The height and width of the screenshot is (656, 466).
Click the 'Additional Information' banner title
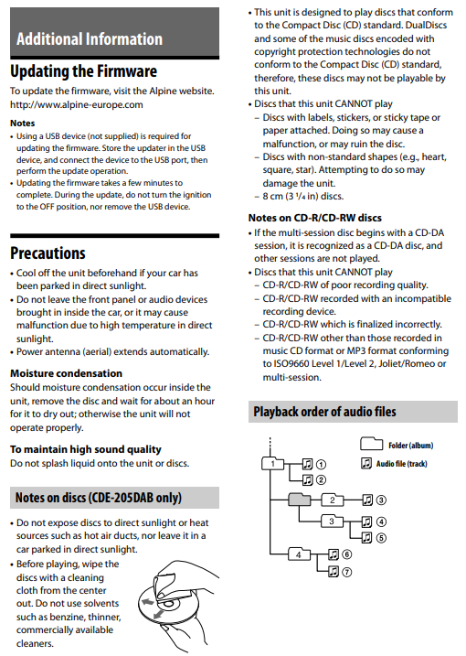[90, 39]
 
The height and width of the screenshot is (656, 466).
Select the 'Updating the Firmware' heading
[83, 71]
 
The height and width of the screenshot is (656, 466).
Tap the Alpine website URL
[77, 104]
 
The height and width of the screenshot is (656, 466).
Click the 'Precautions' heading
[48, 253]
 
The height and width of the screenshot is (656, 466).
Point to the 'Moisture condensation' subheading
[66, 373]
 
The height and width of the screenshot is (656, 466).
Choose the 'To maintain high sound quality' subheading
[86, 449]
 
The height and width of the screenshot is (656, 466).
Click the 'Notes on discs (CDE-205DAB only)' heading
[99, 498]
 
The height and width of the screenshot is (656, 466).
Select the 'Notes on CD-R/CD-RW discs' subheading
[314, 218]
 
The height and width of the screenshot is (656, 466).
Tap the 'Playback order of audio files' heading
[324, 412]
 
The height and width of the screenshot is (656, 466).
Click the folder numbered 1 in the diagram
[272, 464]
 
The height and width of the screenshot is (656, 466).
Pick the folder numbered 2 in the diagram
[333, 500]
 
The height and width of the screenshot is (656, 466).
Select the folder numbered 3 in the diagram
[332, 522]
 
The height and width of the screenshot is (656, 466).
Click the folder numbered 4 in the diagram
[299, 554]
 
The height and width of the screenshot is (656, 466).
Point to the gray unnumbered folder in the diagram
[299, 500]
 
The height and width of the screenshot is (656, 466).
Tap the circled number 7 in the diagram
[347, 572]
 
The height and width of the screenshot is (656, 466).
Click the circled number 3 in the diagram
[381, 500]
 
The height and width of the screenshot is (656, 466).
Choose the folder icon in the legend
[372, 444]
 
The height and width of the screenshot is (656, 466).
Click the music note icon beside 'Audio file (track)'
[366, 463]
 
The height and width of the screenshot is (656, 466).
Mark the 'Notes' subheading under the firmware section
[23, 123]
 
